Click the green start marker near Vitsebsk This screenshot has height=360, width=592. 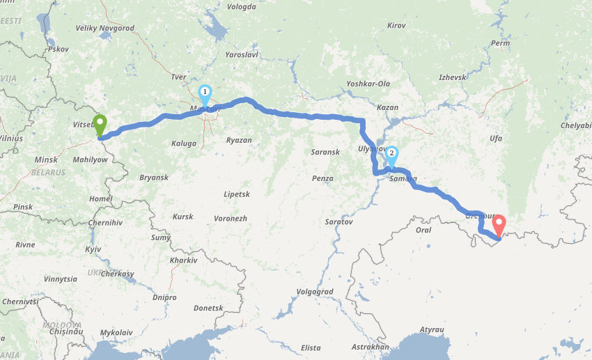(100, 125)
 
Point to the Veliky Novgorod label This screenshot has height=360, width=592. (105, 29)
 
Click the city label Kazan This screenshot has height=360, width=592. (387, 108)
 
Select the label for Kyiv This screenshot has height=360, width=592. (93, 249)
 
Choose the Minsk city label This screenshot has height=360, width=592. (46, 160)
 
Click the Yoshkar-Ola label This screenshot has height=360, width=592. (368, 84)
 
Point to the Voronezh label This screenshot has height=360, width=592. (231, 219)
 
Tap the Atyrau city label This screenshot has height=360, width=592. (432, 329)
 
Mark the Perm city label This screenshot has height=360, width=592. (500, 43)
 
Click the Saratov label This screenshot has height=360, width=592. (339, 222)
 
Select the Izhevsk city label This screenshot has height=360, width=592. (452, 77)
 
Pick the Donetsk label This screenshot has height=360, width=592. (208, 307)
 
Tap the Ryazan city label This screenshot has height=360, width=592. (239, 140)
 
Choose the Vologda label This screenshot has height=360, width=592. (242, 7)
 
